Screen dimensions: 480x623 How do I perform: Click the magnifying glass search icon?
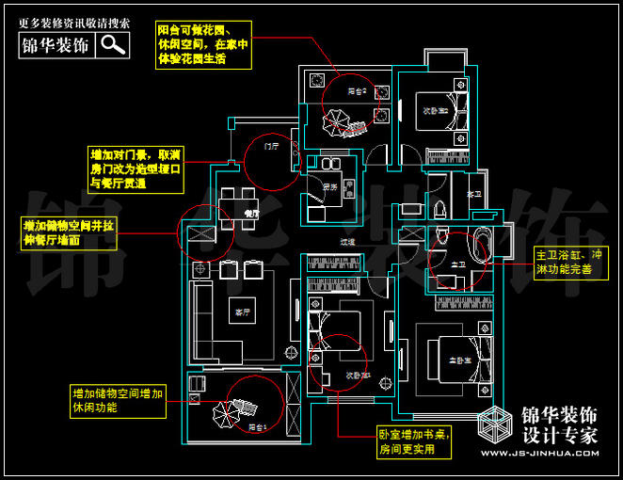(x=114, y=43)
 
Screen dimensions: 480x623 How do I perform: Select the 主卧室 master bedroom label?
(x=459, y=360)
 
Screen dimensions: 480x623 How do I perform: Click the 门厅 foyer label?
(x=272, y=147)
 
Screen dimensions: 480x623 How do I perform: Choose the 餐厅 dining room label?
(x=251, y=214)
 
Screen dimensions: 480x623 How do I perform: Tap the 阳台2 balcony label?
(x=354, y=91)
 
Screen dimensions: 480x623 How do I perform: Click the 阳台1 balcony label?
(x=259, y=426)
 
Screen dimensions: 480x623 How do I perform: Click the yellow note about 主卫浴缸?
(x=564, y=262)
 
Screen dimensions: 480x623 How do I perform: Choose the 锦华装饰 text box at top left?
(x=56, y=43)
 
